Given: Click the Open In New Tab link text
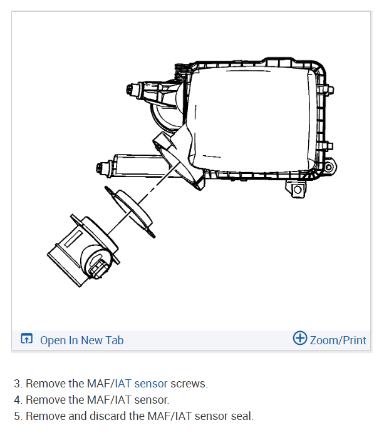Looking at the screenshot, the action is click(x=81, y=340).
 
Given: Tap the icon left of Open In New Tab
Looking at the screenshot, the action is click(x=26, y=340).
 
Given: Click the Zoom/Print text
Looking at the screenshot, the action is click(x=338, y=340).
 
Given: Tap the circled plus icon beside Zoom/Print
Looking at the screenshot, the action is click(x=300, y=339).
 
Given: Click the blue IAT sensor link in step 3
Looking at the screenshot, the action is click(x=142, y=384).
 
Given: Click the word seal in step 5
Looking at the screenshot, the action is click(x=241, y=416).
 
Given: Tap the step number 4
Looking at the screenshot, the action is click(x=17, y=399).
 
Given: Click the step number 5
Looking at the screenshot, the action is click(x=17, y=416).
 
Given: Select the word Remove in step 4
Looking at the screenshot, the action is click(x=43, y=399).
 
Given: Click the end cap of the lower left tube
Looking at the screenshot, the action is click(x=98, y=168).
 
